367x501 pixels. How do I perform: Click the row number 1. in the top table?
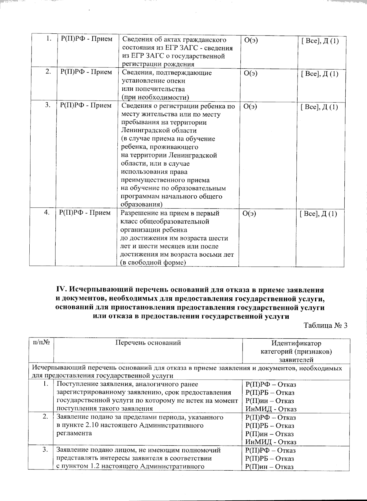[x=48, y=39]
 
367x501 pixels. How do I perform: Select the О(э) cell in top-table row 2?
[x=251, y=73]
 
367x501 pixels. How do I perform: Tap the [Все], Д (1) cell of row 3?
[x=319, y=107]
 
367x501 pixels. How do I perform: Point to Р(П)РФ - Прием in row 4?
[x=85, y=213]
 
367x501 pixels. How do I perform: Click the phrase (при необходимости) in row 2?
[x=155, y=97]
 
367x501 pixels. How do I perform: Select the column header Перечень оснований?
[x=148, y=343]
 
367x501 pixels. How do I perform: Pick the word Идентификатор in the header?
[x=296, y=343]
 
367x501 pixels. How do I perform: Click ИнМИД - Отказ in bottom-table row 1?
[x=271, y=409]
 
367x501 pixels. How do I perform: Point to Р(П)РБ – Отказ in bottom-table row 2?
[x=270, y=426]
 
